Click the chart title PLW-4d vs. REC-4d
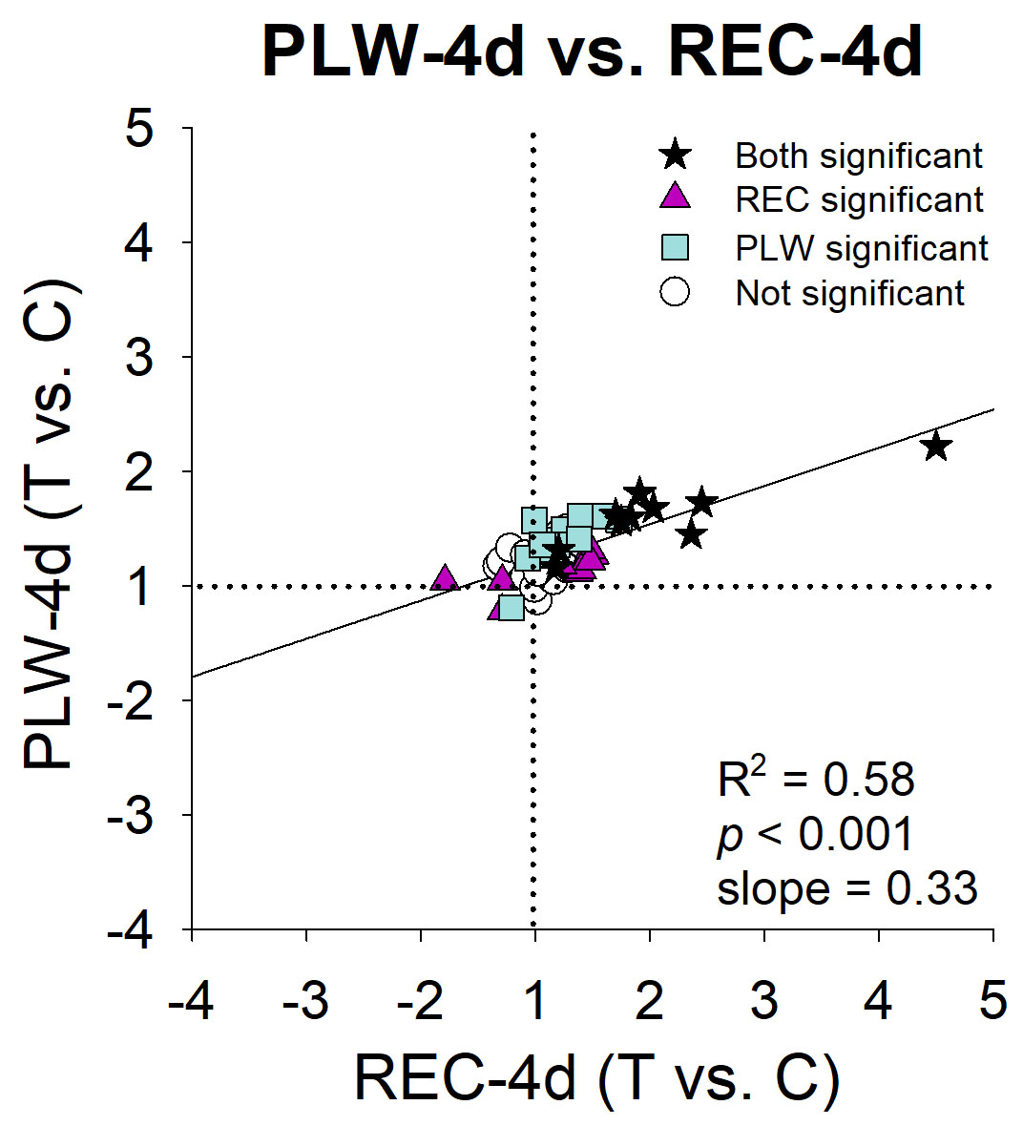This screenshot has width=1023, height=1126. click(x=592, y=52)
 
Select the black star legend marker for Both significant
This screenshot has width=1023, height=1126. click(x=675, y=155)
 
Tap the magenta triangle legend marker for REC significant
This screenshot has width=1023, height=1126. click(x=675, y=198)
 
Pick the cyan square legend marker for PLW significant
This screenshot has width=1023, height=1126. click(x=675, y=247)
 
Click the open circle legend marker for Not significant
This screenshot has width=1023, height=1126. click(x=675, y=292)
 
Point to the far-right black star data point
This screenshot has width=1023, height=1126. click(x=936, y=446)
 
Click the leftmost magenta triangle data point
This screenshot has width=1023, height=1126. click(x=444, y=578)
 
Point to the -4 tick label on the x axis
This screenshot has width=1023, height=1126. click(x=191, y=1002)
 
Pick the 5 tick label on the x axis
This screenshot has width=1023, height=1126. click(x=993, y=1002)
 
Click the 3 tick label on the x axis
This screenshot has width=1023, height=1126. click(x=764, y=1002)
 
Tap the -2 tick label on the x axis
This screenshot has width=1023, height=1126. click(x=421, y=1002)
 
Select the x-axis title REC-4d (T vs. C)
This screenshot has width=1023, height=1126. click(x=596, y=1079)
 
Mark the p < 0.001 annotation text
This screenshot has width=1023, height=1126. click(x=816, y=834)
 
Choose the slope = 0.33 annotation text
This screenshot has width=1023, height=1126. click(x=847, y=888)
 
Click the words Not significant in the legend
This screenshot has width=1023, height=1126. click(x=850, y=293)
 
